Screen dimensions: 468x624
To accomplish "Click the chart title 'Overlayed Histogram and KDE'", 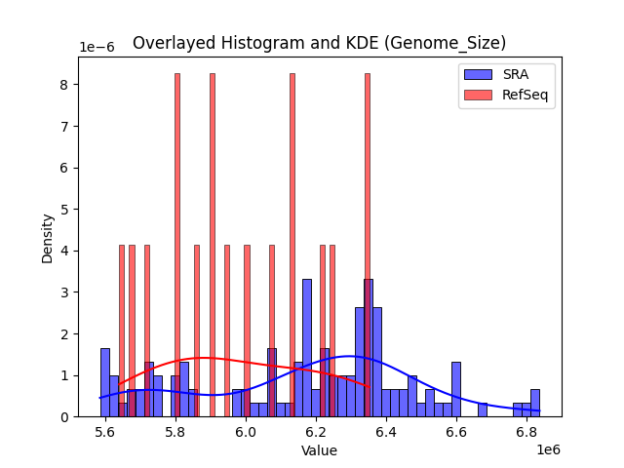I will tap(319, 43).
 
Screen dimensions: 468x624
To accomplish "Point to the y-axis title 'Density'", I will tap(47, 237).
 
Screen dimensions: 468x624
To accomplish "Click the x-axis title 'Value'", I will tap(319, 450).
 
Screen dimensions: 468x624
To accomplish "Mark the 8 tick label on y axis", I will tap(62, 85).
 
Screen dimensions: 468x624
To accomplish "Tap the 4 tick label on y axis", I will tap(62, 251).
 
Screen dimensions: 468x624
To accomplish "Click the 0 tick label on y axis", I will tap(62, 416).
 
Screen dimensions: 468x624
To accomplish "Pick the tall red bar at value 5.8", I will tap(176, 244).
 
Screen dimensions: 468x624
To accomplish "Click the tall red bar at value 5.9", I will tap(212, 244).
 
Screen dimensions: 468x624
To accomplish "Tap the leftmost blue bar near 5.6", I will tap(104, 382).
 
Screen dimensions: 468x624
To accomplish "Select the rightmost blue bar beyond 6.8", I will tap(534, 403).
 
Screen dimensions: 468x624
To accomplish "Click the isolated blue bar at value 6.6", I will tap(455, 389).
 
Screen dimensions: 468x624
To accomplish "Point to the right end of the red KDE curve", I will tap(368, 385).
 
